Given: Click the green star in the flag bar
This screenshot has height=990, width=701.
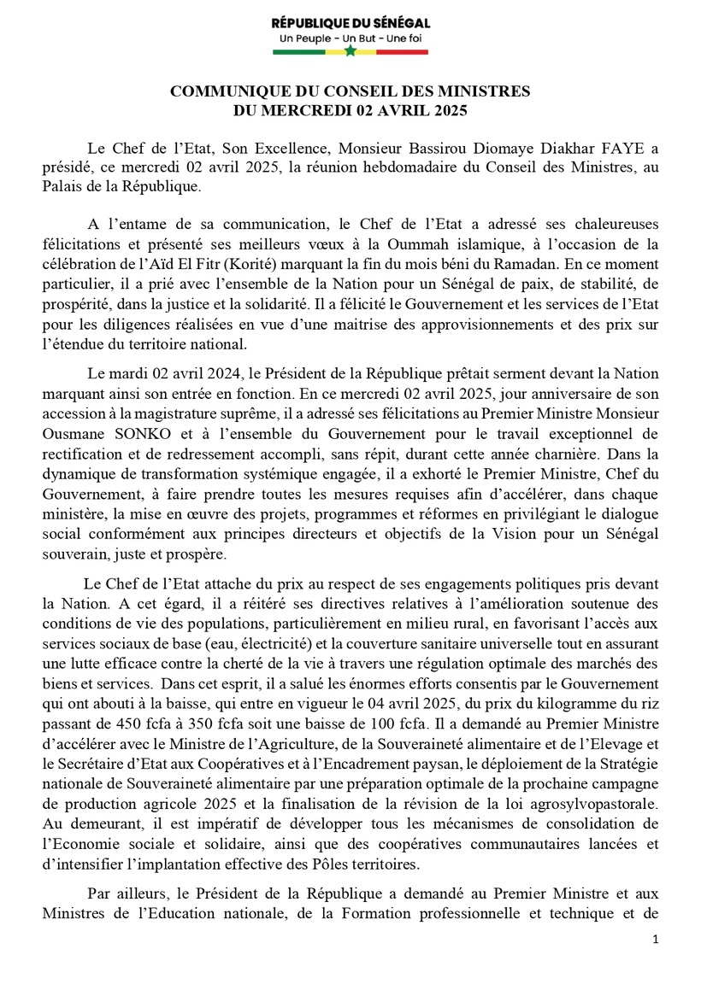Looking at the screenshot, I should coord(350,51).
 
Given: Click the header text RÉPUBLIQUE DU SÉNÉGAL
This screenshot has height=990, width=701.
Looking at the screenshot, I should coord(350,23).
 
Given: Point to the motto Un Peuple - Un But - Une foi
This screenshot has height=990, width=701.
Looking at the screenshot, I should coord(350,39).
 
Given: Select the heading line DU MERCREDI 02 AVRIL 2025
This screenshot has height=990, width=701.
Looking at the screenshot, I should coord(350,109).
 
